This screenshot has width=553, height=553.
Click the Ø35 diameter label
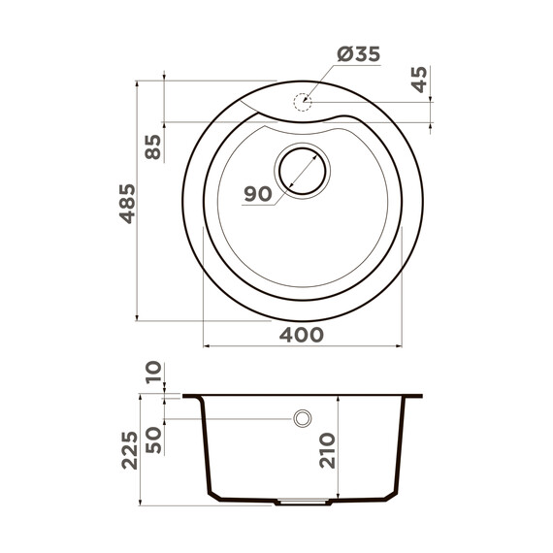click(x=358, y=55)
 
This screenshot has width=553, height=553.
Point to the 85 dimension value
click(x=152, y=147)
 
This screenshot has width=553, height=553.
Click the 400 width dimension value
click(x=302, y=335)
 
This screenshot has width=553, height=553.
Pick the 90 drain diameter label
click(x=257, y=194)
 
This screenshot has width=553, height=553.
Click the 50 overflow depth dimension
click(x=152, y=438)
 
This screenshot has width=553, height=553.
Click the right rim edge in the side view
click(x=423, y=397)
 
